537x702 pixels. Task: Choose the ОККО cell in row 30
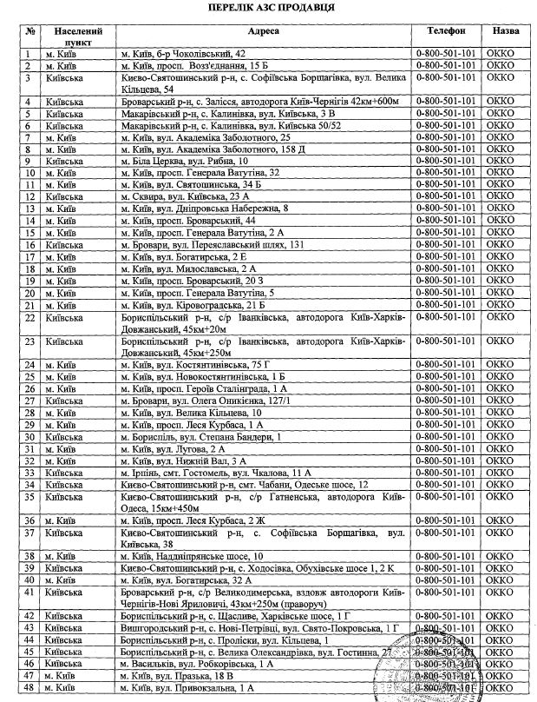coord(506,437)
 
